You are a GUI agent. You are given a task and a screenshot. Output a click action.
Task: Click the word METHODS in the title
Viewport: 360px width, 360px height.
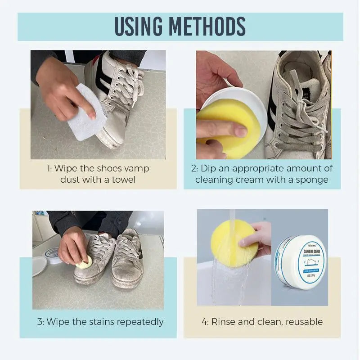coord(212,27)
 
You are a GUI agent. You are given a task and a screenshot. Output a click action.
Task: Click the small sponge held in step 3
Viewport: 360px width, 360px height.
coord(85,264)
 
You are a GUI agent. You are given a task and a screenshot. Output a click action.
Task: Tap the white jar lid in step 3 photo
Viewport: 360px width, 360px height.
coord(39,266)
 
